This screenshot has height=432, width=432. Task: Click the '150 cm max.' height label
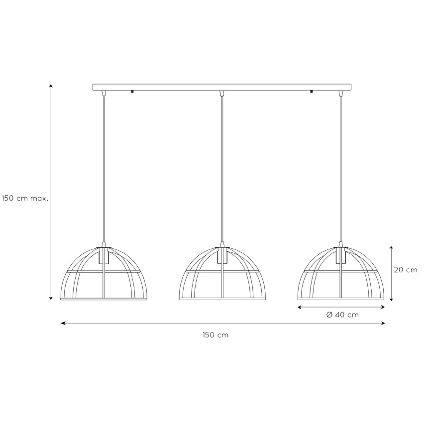pyautogui.click(x=24, y=198)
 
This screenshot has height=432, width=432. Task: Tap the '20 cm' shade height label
pyautogui.click(x=405, y=270)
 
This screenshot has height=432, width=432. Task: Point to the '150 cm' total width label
pyautogui.click(x=216, y=335)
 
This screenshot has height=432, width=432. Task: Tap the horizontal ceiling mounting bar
pyautogui.click(x=221, y=87)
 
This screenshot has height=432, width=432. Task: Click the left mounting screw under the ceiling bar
pyautogui.click(x=133, y=92)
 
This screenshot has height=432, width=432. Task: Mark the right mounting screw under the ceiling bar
pyautogui.click(x=311, y=92)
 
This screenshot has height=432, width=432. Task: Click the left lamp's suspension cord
pyautogui.click(x=104, y=169)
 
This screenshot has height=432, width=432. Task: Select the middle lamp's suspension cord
pyautogui.click(x=222, y=169)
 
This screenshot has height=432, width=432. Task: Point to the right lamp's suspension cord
pyautogui.click(x=341, y=169)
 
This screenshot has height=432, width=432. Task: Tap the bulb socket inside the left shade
pyautogui.click(x=104, y=255)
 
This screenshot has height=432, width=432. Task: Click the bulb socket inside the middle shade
pyautogui.click(x=222, y=255)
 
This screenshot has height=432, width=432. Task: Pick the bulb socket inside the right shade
pyautogui.click(x=341, y=255)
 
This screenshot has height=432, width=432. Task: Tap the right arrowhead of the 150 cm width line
pyautogui.click(x=383, y=323)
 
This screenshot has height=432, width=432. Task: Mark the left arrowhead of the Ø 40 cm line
pyautogui.click(x=300, y=308)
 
